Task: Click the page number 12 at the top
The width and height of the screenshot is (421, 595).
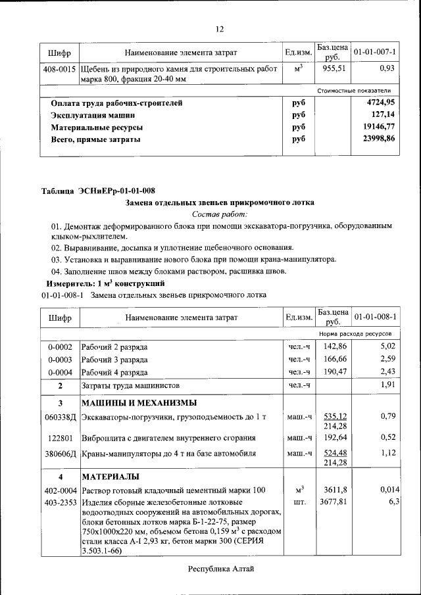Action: [220, 29]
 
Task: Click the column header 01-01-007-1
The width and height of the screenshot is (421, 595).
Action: [374, 52]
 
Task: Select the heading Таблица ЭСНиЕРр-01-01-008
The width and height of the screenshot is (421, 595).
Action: [99, 191]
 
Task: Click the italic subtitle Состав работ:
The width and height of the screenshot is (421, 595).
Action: [220, 214]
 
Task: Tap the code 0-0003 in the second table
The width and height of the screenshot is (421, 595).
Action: [60, 360]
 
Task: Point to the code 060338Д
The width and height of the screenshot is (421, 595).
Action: [60, 416]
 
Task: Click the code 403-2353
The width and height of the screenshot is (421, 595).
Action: [60, 502]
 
